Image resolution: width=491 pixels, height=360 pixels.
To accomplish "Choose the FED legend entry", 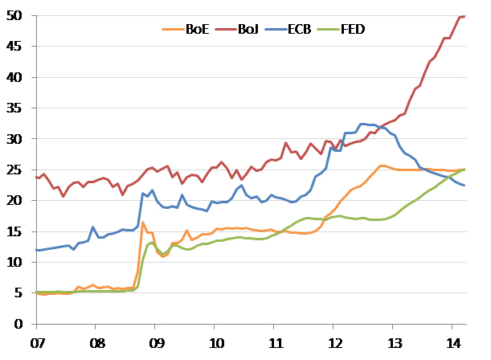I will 353,29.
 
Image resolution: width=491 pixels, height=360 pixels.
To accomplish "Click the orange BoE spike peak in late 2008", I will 143,223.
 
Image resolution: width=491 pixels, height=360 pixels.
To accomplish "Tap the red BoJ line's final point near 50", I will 464,16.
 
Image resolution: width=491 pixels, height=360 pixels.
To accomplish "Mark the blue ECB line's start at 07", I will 36,250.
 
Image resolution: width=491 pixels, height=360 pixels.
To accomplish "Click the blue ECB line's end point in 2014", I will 464,186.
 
